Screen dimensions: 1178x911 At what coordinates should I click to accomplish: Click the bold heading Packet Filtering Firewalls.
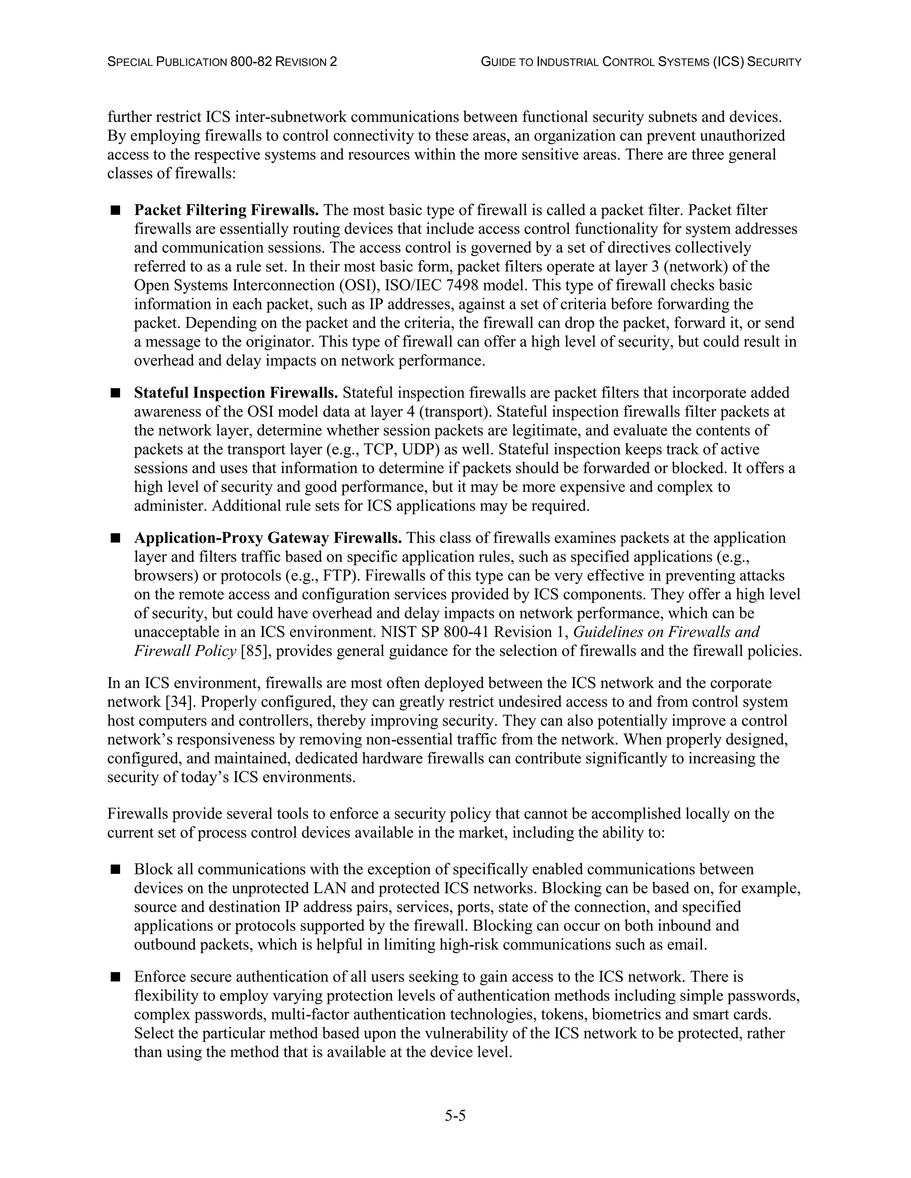[x=226, y=210]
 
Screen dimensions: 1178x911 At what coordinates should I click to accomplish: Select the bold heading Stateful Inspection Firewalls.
[x=236, y=393]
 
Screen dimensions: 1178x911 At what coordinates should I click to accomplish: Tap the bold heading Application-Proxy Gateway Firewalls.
[x=268, y=538]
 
